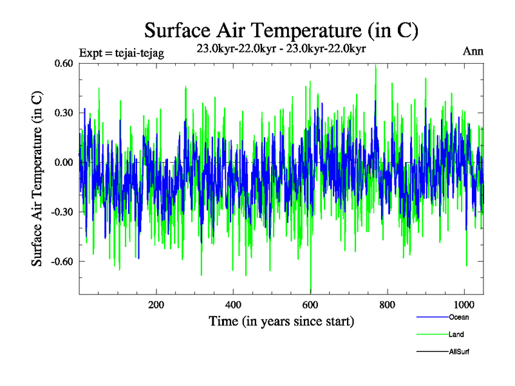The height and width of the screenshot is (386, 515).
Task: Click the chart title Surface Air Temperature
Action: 282,30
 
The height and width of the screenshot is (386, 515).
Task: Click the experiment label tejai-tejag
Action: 122,53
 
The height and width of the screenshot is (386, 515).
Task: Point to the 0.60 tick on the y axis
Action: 65,63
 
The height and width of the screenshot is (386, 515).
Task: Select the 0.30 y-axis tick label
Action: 65,113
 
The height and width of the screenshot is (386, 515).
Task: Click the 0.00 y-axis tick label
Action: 65,162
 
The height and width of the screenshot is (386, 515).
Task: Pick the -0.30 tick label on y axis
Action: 64,212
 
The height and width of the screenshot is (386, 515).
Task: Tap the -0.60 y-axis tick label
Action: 64,261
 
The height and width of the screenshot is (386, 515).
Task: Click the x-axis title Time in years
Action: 281,320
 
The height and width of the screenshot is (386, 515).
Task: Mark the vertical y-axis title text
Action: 38,178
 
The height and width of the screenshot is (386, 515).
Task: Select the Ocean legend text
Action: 458,317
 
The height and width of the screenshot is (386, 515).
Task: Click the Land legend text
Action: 456,335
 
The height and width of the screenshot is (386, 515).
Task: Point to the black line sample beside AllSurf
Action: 432,352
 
